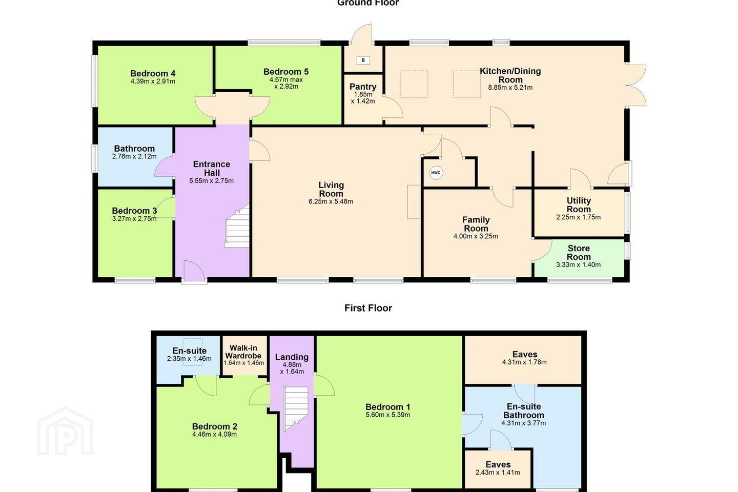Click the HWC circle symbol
436,173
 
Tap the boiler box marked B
363,60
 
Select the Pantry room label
363,87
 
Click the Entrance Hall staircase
237,225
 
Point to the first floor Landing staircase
296,408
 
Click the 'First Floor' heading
368,308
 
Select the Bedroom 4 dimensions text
153,81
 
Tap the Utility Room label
579,205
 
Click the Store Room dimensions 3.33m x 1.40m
578,264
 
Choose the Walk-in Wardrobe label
243,352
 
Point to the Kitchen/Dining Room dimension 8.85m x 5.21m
510,88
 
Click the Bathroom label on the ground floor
134,149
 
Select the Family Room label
476,224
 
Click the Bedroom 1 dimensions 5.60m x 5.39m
388,415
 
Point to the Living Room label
331,189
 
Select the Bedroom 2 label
214,426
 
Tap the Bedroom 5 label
286,72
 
